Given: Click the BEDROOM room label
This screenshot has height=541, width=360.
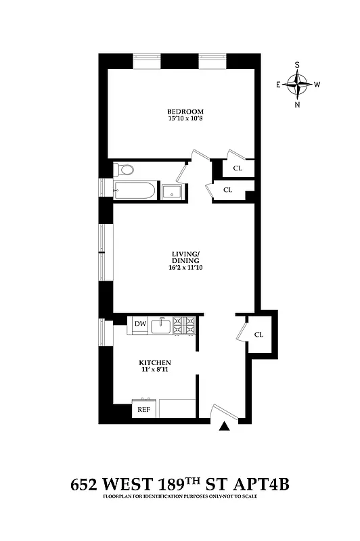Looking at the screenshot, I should tap(185, 112).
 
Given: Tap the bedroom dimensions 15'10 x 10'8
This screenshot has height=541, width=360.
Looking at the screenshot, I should tap(185, 120).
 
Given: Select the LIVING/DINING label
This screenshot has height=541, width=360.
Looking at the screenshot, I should tap(185, 258).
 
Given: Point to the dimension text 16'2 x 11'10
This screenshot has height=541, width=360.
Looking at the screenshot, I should tap(185, 268).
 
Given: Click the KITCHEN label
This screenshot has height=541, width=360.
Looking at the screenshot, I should tap(156, 362).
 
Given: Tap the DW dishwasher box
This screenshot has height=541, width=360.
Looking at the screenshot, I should tap(140, 325).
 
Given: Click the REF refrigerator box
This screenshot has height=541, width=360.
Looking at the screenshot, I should tap(144, 409).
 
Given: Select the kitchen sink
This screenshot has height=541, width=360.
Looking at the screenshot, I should tap(161, 326).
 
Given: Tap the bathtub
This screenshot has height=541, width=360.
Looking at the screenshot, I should tap(135, 191).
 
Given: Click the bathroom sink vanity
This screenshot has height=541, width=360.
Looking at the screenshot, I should tap(172, 191).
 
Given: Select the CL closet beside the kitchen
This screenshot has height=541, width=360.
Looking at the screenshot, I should tap(259, 335).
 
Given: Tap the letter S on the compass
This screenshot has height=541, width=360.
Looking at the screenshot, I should tap(297, 66).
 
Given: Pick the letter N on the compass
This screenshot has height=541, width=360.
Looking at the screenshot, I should tap(297, 105).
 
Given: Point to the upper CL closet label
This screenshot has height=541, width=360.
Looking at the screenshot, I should tap(238, 168).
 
